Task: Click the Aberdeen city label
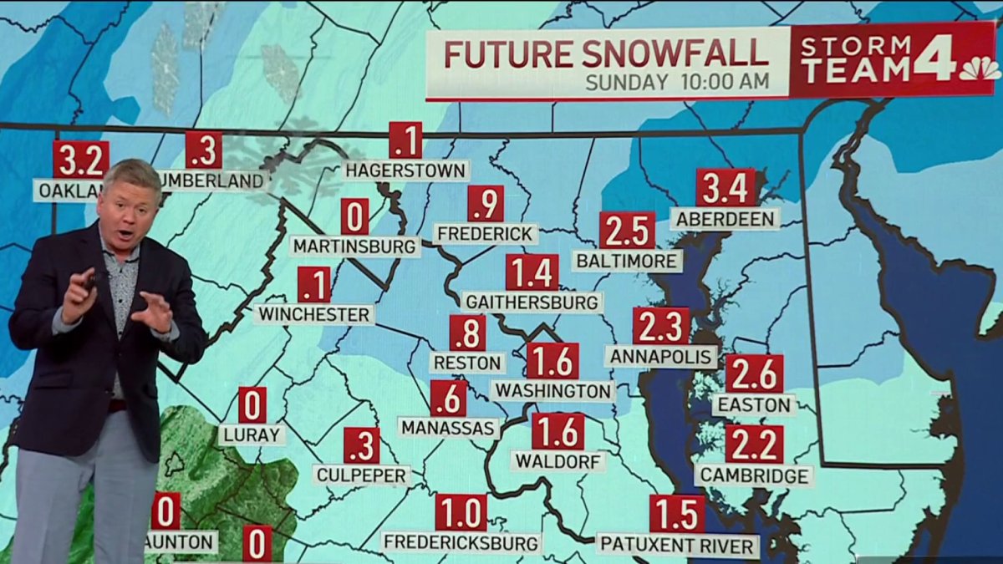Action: pos(725,219)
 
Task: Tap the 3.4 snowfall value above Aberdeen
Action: pos(726,188)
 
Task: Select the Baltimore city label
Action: pos(627,261)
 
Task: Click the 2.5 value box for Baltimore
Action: pos(627,231)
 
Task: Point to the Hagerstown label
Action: pos(406,170)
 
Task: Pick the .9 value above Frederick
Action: pos(486,204)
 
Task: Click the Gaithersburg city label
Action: pos(532,302)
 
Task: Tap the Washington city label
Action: pos(552,390)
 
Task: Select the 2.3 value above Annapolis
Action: pos(661,326)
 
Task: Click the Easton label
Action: pos(754,405)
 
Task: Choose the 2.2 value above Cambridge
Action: pos(754,445)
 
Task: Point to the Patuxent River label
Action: pos(678,546)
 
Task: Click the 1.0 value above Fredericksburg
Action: pos(461,512)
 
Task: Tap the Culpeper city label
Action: pos(362,475)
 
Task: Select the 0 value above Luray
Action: pos(252,405)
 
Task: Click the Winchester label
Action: pos(314,314)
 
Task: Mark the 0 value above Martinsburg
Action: pos(354,216)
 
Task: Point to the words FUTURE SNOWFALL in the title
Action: pos(606,53)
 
